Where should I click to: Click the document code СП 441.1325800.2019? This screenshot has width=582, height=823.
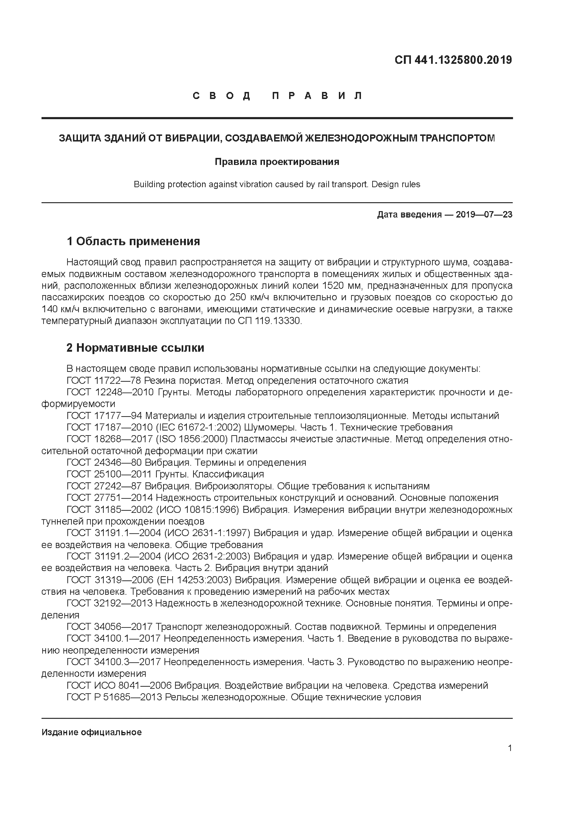click(453, 60)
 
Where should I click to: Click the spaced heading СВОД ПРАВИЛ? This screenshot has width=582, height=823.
click(278, 96)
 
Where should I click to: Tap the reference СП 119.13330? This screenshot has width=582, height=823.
click(268, 321)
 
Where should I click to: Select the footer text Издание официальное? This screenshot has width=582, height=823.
click(92, 732)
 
